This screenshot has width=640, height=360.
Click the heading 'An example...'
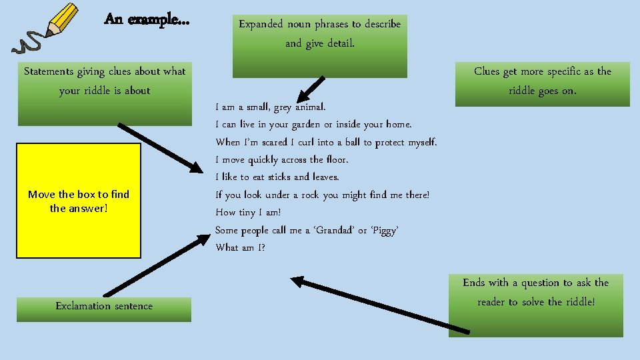pyautogui.click(x=147, y=20)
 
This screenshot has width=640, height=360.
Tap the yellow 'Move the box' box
pyautogui.click(x=79, y=201)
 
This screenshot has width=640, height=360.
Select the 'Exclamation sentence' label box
pyautogui.click(x=104, y=307)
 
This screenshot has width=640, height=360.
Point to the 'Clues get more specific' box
pyautogui.click(x=542, y=82)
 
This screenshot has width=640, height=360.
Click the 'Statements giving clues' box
pyautogui.click(x=105, y=91)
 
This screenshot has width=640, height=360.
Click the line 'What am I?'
pyautogui.click(x=240, y=248)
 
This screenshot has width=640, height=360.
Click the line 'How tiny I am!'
pyautogui.click(x=249, y=213)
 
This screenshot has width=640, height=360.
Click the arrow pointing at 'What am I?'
pyautogui.click(x=380, y=303)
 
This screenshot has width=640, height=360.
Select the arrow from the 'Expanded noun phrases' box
pyautogui.click(x=310, y=89)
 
